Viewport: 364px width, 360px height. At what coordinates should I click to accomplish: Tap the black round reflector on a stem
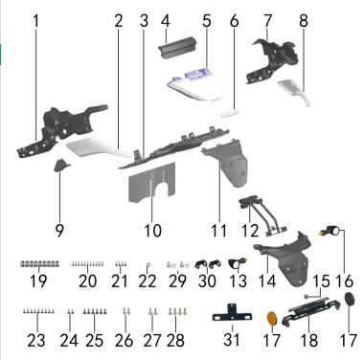pos(351,300)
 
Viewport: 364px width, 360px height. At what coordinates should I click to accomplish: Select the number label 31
pos(232,340)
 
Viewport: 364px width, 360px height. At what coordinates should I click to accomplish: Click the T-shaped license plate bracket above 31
pos(232,314)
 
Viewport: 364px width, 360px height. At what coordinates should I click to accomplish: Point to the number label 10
pos(152,231)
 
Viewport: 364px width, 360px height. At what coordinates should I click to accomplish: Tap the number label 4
pos(166,21)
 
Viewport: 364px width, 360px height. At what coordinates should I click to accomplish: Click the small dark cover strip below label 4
pos(178,48)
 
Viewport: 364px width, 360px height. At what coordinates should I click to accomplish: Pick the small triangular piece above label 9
pos(61,166)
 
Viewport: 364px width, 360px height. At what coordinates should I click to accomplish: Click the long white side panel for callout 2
pos(99,148)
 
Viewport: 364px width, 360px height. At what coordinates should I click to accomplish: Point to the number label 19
pos(38,281)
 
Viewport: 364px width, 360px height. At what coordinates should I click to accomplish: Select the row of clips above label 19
pos(39,264)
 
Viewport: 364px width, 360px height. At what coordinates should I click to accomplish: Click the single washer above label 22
pos(148,264)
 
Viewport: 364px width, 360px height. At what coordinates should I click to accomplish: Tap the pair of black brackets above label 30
pos(209,264)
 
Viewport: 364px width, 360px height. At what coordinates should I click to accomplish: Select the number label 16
pos(345,281)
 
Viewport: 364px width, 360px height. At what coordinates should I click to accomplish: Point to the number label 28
pos(175,340)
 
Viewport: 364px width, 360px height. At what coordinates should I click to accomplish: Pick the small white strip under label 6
pos(230,114)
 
